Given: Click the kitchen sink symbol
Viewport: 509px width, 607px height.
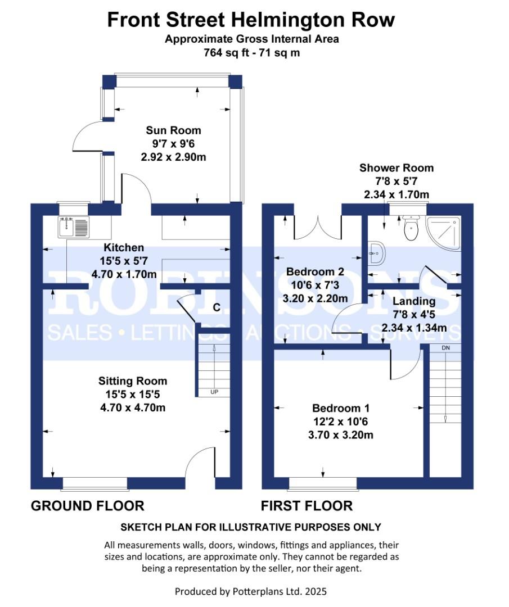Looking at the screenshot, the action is [x=74, y=227].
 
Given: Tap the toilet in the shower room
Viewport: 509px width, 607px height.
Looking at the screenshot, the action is [x=411, y=228].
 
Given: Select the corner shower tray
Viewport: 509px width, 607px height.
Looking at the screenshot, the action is [x=444, y=233].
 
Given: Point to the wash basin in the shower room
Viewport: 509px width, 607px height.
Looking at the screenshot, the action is [x=376, y=253].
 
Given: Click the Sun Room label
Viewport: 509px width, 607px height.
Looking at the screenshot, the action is [x=173, y=130].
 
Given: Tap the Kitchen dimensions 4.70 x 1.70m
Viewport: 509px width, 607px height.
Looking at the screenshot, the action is [x=124, y=274].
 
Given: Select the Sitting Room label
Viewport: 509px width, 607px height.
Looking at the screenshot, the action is [x=133, y=381].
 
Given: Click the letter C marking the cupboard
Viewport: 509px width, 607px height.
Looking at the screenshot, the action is [x=217, y=307].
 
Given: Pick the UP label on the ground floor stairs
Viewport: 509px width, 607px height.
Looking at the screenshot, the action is [x=214, y=392].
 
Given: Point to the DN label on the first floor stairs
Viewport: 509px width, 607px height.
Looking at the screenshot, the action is [x=446, y=348].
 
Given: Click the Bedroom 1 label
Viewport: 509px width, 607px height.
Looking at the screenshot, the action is [x=341, y=408].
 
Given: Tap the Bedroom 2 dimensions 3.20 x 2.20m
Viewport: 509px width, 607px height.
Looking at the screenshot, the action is [x=315, y=298].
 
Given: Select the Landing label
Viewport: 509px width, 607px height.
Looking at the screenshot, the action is [x=414, y=301].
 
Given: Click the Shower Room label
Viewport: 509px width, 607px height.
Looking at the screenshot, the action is [x=397, y=167].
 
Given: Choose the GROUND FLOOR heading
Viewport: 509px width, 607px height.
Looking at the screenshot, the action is [x=88, y=506].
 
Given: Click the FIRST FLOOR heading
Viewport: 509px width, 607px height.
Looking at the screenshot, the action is [x=307, y=506].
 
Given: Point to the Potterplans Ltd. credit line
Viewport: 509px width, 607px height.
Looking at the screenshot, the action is [x=251, y=591].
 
